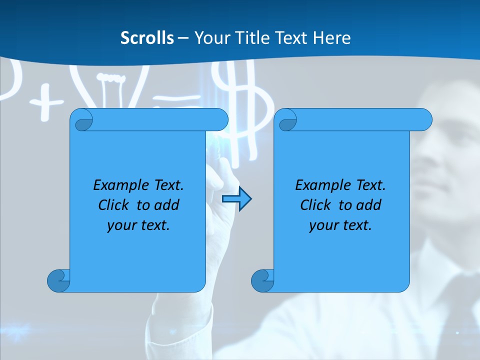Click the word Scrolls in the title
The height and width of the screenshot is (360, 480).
click(x=147, y=38)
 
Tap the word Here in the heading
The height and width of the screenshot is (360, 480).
click(x=332, y=38)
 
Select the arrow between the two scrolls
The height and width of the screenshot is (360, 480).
click(x=236, y=199)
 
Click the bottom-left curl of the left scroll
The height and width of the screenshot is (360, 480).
click(x=59, y=280)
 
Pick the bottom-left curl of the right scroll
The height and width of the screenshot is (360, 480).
click(x=262, y=280)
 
